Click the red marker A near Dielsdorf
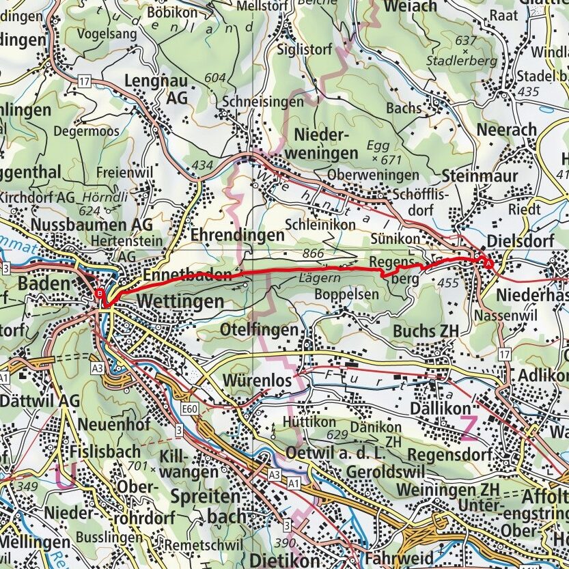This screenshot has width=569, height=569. coord(488,262)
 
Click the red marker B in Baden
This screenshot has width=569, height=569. coord(100,294)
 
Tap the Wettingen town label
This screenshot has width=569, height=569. coord(180,301)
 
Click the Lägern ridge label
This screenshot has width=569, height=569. coord(315,279)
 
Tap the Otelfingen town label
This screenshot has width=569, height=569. coord(260,330)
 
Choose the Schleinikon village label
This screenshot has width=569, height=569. coord(320,224)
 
